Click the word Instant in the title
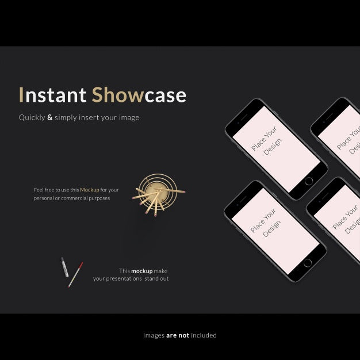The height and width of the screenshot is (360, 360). pos(51,95)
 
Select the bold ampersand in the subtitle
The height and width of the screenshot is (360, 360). pos(49,117)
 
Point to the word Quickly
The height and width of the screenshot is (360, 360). pos(31,118)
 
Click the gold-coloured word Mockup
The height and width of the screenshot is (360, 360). pos(90,190)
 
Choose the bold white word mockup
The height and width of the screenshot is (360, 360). pos(141,271)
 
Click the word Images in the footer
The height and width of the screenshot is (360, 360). pos(154,335)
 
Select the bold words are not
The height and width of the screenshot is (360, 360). pos(178,335)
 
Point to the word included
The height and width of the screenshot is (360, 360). pos(204,335)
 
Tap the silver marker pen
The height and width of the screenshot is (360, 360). pos(65,267)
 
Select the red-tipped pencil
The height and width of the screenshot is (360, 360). pos(75,274)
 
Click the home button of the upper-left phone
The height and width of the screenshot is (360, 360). pos(309,181)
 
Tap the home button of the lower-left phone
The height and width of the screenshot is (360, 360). pos(308,263)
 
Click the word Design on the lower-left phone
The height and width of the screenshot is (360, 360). pos(271,228)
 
